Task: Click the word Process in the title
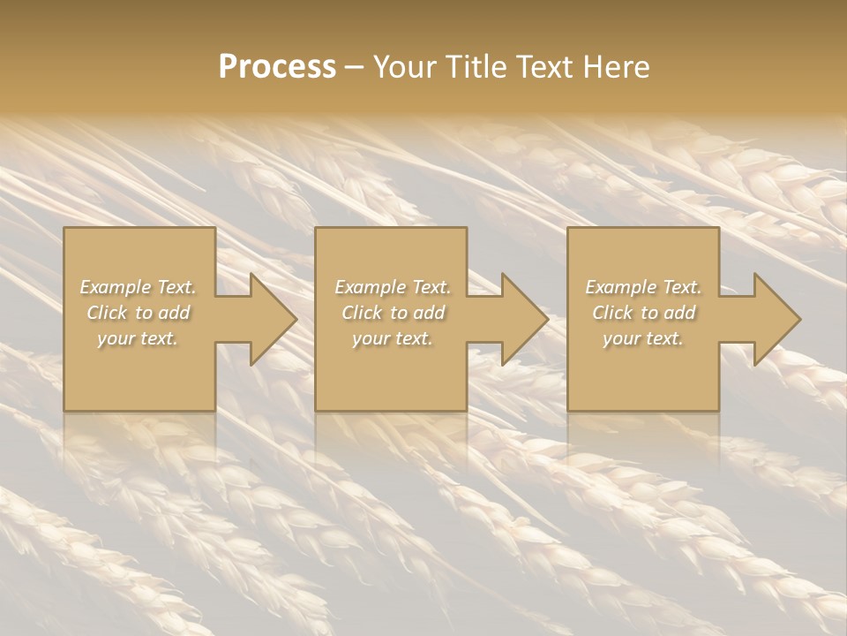click(x=277, y=67)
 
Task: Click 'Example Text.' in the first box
click(x=138, y=287)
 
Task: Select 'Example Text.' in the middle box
click(x=392, y=287)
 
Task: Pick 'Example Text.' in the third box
click(x=643, y=287)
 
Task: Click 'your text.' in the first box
click(x=138, y=338)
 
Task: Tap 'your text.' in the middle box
click(x=392, y=338)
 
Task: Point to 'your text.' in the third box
click(x=643, y=338)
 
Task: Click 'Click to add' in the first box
click(x=138, y=313)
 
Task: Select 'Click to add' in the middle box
click(x=392, y=313)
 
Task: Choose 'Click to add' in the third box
click(x=643, y=313)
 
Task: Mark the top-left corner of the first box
click(x=64, y=228)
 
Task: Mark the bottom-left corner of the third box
click(x=568, y=410)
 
